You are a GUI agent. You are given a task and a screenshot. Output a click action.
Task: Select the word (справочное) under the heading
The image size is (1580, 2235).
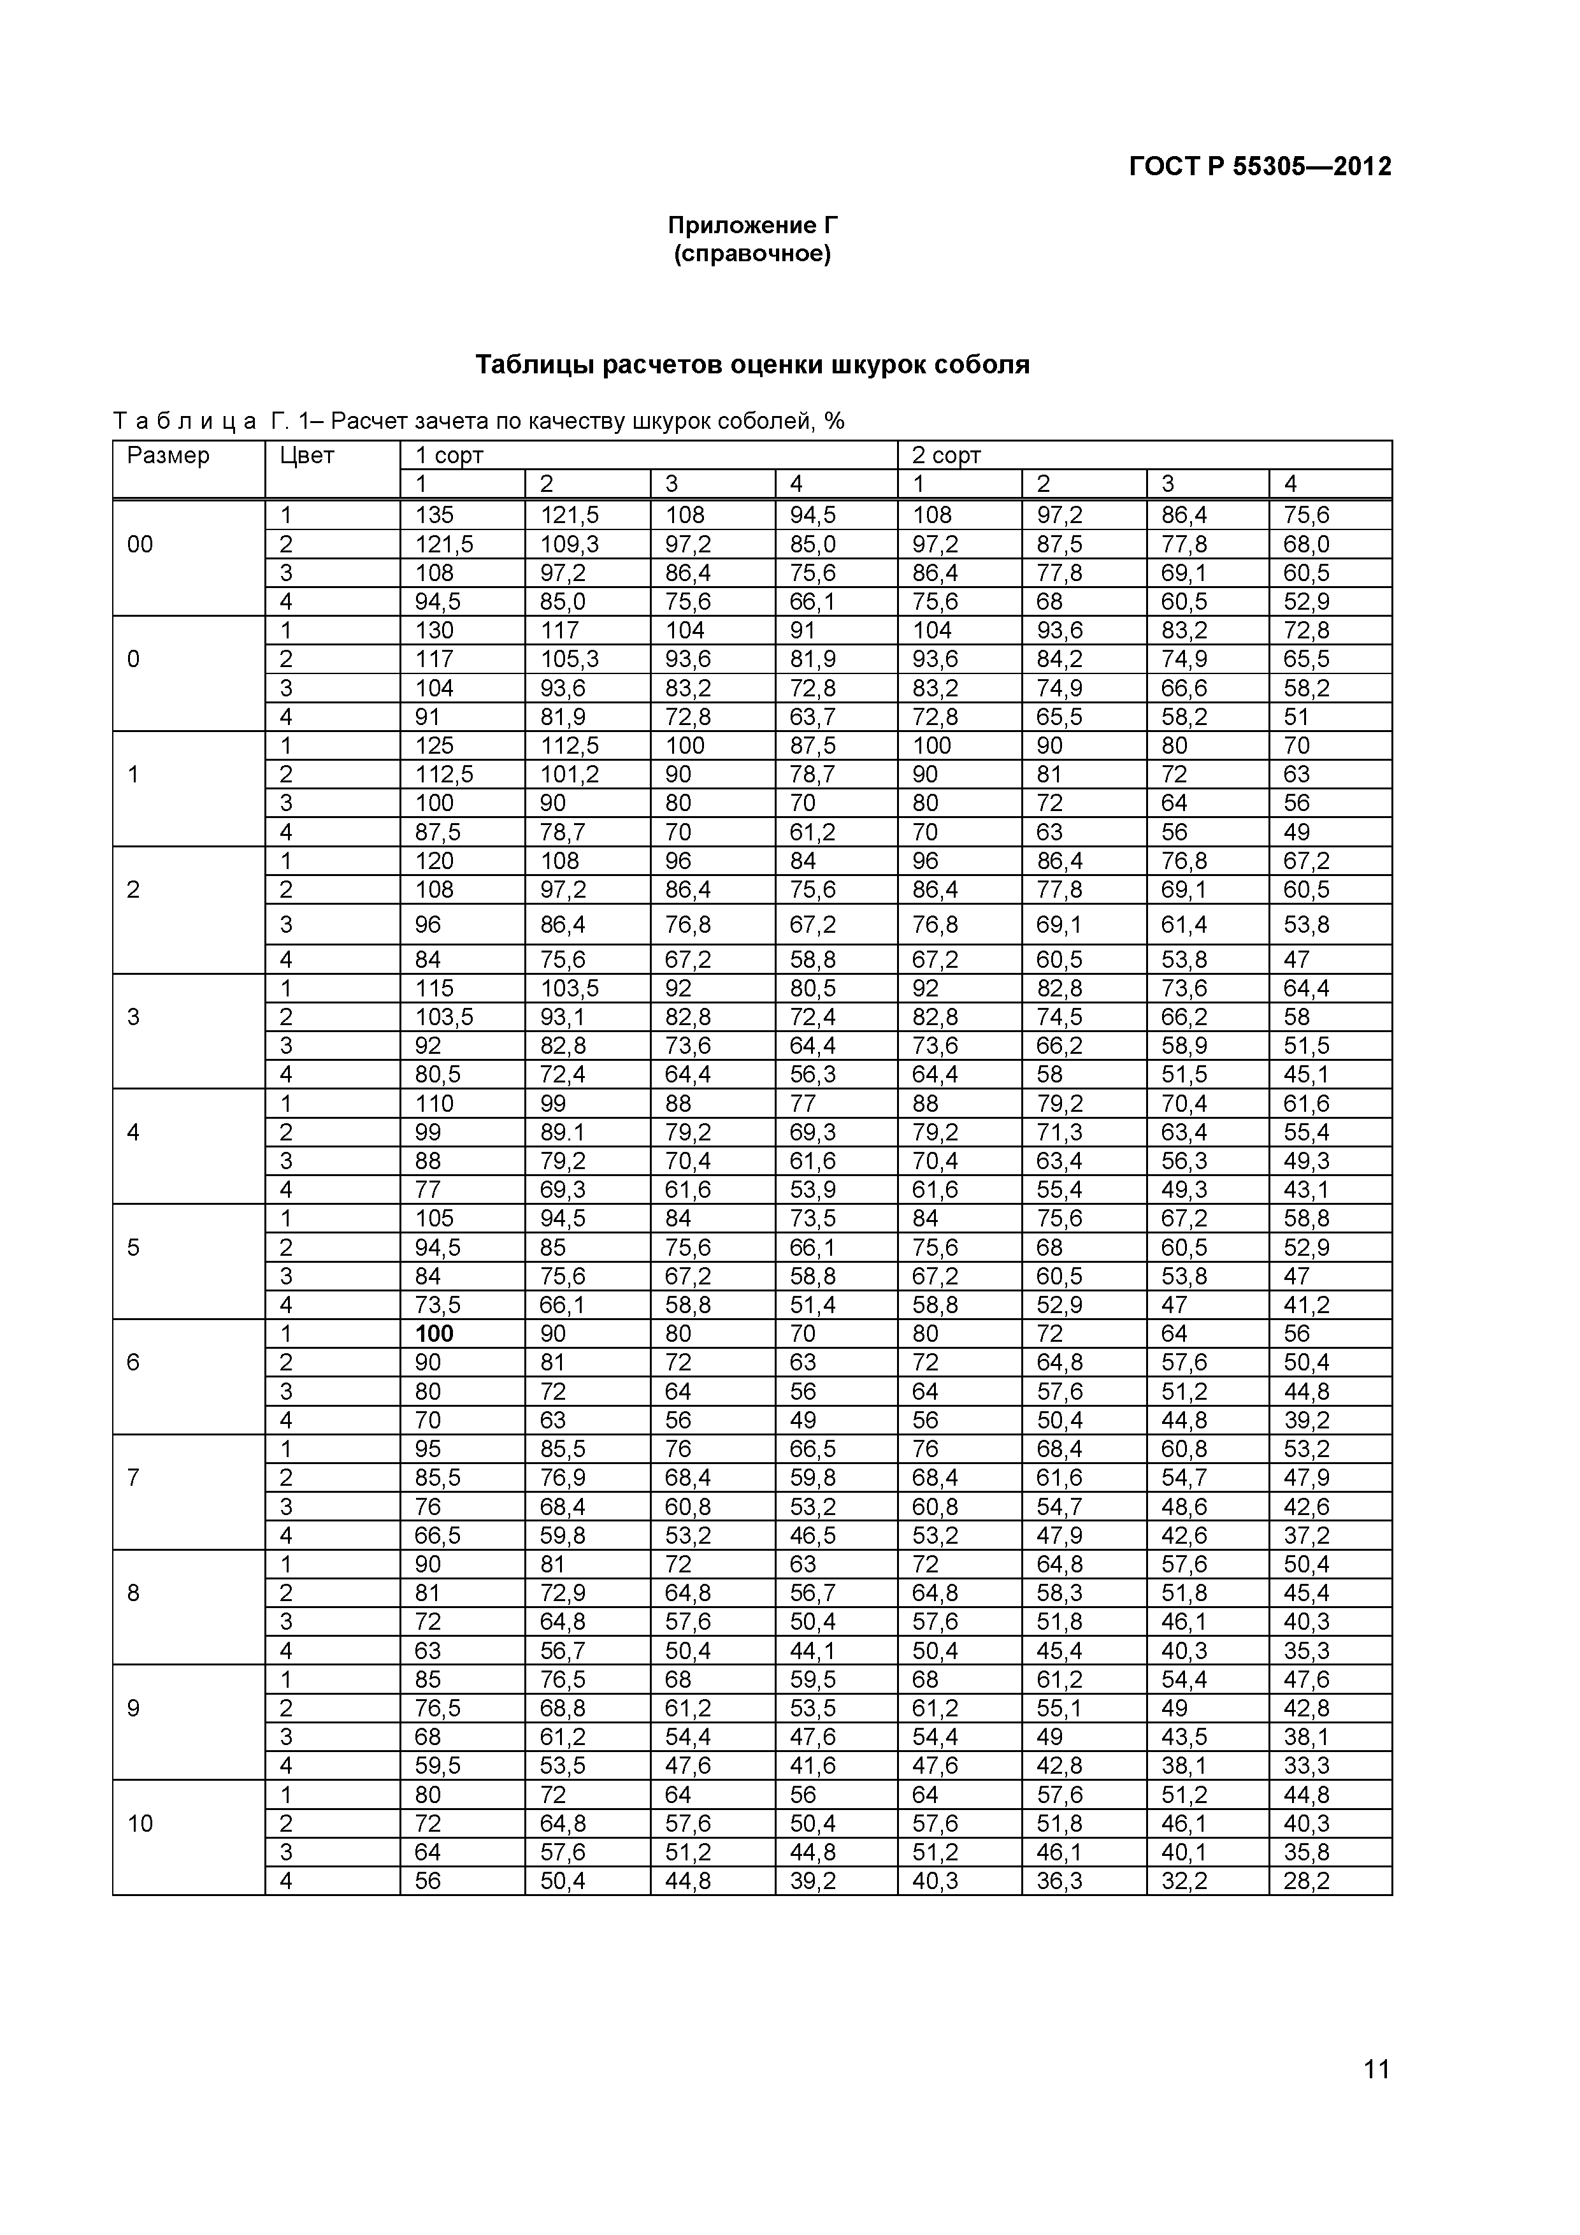pyautogui.click(x=752, y=254)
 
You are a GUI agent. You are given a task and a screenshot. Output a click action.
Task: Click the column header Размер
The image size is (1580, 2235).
pyautogui.click(x=168, y=456)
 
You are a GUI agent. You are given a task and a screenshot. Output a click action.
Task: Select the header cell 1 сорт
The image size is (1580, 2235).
pyautogui.click(x=450, y=456)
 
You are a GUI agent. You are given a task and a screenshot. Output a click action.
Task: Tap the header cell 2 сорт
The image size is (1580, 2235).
pyautogui.click(x=946, y=456)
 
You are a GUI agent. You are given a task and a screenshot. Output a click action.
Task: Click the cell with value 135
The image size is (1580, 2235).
pyautogui.click(x=434, y=515)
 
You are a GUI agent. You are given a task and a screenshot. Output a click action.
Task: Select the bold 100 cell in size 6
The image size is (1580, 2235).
pyautogui.click(x=434, y=1333)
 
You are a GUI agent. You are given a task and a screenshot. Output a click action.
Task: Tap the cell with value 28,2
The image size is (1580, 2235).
pyautogui.click(x=1307, y=1881)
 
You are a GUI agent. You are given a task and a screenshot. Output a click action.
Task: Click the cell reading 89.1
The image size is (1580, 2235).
pyautogui.click(x=563, y=1132)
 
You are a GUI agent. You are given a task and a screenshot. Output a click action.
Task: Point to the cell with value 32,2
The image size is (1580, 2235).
pyautogui.click(x=1184, y=1881)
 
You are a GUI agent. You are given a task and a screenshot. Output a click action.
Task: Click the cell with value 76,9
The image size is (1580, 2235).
pyautogui.click(x=563, y=1477)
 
